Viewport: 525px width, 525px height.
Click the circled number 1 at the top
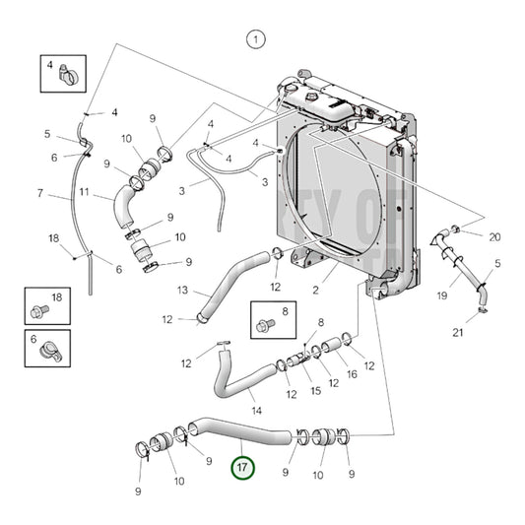coord(255,39)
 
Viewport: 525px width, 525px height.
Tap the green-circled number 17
coord(242,467)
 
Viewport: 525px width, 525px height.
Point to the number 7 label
coord(40,194)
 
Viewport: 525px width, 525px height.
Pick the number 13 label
coord(181,291)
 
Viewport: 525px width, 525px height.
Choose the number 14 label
coord(255,409)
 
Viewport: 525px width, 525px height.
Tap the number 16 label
coord(352,374)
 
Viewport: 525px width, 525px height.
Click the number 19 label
coord(442,295)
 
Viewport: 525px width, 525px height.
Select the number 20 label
coord(494,236)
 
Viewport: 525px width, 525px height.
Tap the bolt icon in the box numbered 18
coord(39,311)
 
